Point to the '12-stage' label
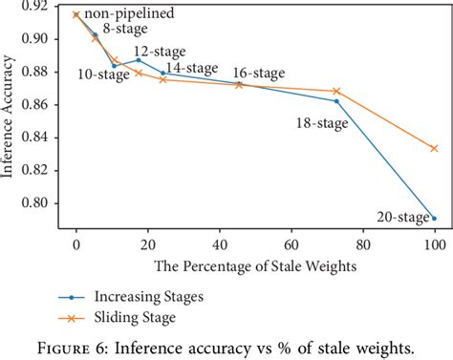pyautogui.click(x=158, y=51)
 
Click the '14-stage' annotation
pyautogui.click(x=193, y=68)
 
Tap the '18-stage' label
pyautogui.click(x=323, y=122)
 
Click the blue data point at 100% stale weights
pyautogui.click(x=434, y=218)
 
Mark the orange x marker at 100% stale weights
pyautogui.click(x=434, y=148)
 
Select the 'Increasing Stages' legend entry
pyautogui.click(x=140, y=296)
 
